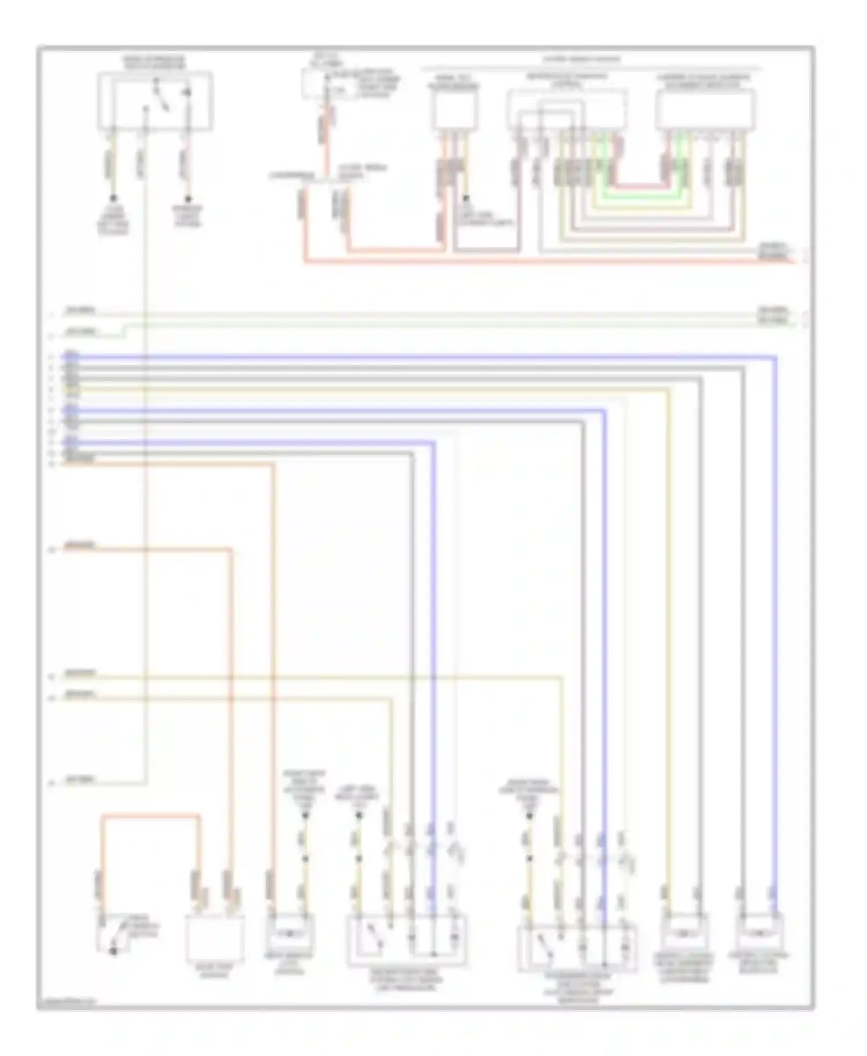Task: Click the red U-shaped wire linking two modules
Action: click(642, 186)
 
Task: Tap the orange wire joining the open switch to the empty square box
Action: click(150, 816)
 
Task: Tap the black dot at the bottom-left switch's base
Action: click(113, 950)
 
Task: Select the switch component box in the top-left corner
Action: click(155, 102)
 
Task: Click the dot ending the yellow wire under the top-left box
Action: click(113, 198)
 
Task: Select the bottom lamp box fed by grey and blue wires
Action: click(758, 931)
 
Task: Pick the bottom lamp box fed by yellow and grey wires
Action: click(684, 931)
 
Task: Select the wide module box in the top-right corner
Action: click(705, 110)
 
